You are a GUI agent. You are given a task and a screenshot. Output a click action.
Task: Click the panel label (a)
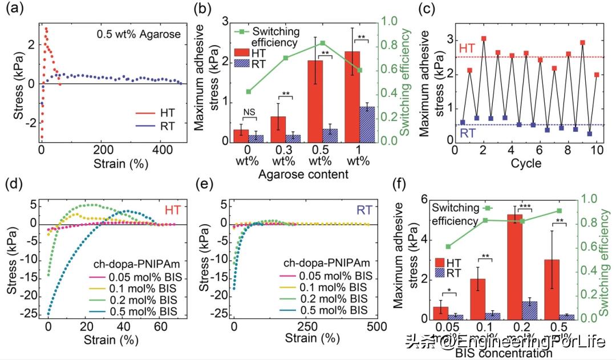coord(15,9)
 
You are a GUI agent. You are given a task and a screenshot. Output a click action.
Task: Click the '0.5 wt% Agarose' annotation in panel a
coord(139,34)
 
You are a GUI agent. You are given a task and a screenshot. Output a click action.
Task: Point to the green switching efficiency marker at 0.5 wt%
coord(322,43)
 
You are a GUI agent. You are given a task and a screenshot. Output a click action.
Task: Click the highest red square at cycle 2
coord(484,39)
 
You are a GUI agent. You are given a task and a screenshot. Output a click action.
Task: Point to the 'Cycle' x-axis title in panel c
coord(526,164)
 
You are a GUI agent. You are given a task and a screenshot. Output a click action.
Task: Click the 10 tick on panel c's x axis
coord(597,151)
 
